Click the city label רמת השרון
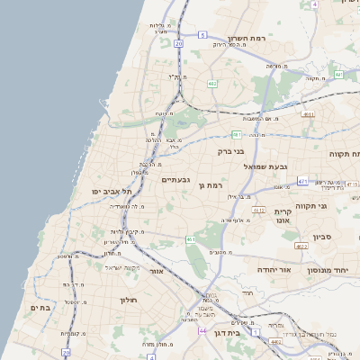270,40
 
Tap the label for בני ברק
231,152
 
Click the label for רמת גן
211,185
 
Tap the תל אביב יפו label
117,192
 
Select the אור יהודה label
269,270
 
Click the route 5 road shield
203,34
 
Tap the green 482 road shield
211,84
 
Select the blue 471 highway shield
302,182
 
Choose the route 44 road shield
203,330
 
